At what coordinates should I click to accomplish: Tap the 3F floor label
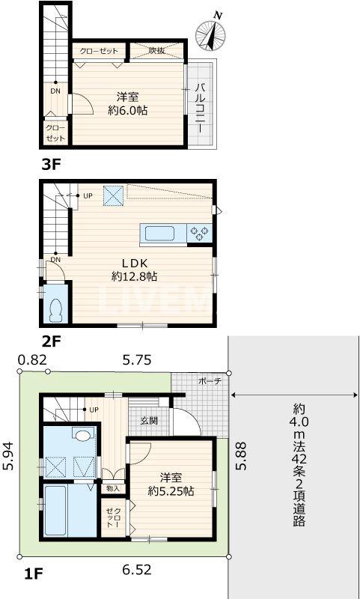coord(50,165)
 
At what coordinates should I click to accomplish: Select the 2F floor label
coord(50,342)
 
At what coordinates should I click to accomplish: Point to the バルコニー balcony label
coord(201,108)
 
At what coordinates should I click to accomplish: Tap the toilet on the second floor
coord(55,308)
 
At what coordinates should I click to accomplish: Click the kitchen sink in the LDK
coord(160,233)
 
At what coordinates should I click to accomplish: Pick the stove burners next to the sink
coord(199,232)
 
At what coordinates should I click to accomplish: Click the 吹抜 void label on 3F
coord(156,51)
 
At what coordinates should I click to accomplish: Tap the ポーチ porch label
coord(209,381)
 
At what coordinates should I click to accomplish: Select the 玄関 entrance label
coord(148,421)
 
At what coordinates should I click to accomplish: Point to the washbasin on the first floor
coord(82,435)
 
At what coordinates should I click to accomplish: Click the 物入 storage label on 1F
coord(113,488)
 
